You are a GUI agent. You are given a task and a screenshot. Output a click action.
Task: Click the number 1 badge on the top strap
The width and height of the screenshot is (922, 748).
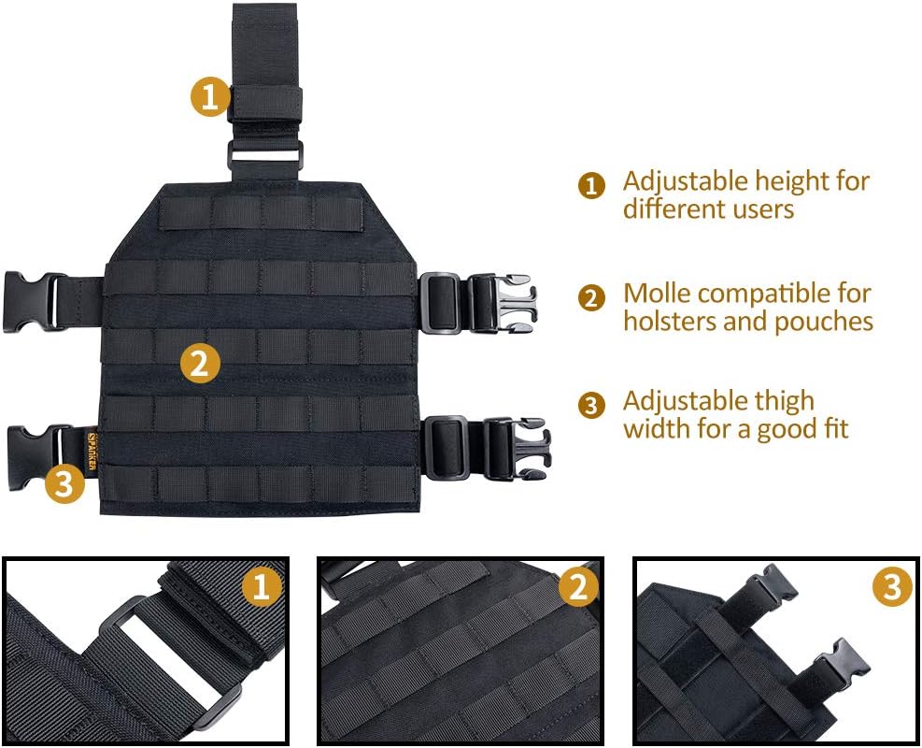(x=210, y=97)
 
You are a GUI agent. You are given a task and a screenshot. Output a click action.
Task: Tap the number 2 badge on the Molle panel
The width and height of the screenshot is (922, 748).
(x=199, y=363)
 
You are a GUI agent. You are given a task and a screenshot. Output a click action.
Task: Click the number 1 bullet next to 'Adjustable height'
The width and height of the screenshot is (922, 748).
(x=591, y=185)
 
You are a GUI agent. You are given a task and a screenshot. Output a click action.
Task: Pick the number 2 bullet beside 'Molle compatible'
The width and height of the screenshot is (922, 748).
(x=591, y=298)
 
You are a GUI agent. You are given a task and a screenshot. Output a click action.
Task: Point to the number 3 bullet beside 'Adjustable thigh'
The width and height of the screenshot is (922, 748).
(x=591, y=406)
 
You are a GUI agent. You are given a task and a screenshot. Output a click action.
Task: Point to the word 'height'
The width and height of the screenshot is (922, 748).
(x=793, y=181)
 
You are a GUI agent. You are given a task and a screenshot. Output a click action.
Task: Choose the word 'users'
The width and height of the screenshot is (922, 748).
(x=762, y=209)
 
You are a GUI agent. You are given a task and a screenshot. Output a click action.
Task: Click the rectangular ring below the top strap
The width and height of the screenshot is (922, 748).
(x=265, y=155)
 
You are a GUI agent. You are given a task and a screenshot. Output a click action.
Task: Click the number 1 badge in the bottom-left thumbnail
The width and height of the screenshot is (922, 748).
(x=261, y=588)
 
